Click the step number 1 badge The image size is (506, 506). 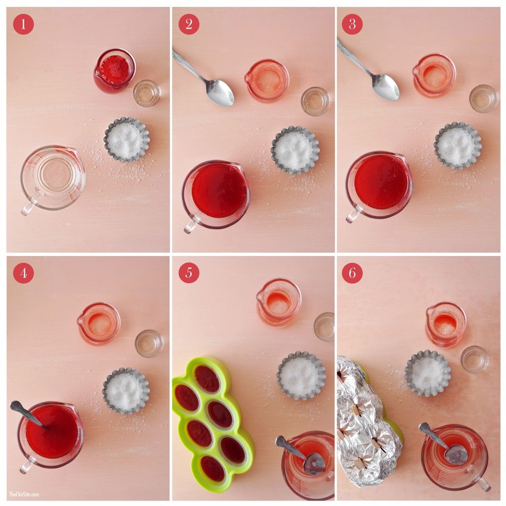click(23, 24)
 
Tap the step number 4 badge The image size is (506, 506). click(23, 273)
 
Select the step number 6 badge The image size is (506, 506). click(352, 273)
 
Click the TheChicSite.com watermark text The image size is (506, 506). click(23, 494)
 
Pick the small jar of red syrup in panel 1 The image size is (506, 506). click(114, 69)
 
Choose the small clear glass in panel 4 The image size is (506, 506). click(149, 343)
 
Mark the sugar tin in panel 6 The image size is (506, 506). click(427, 373)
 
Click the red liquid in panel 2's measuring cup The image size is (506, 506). click(219, 191)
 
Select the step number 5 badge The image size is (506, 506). click(188, 273)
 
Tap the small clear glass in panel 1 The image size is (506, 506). click(147, 93)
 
